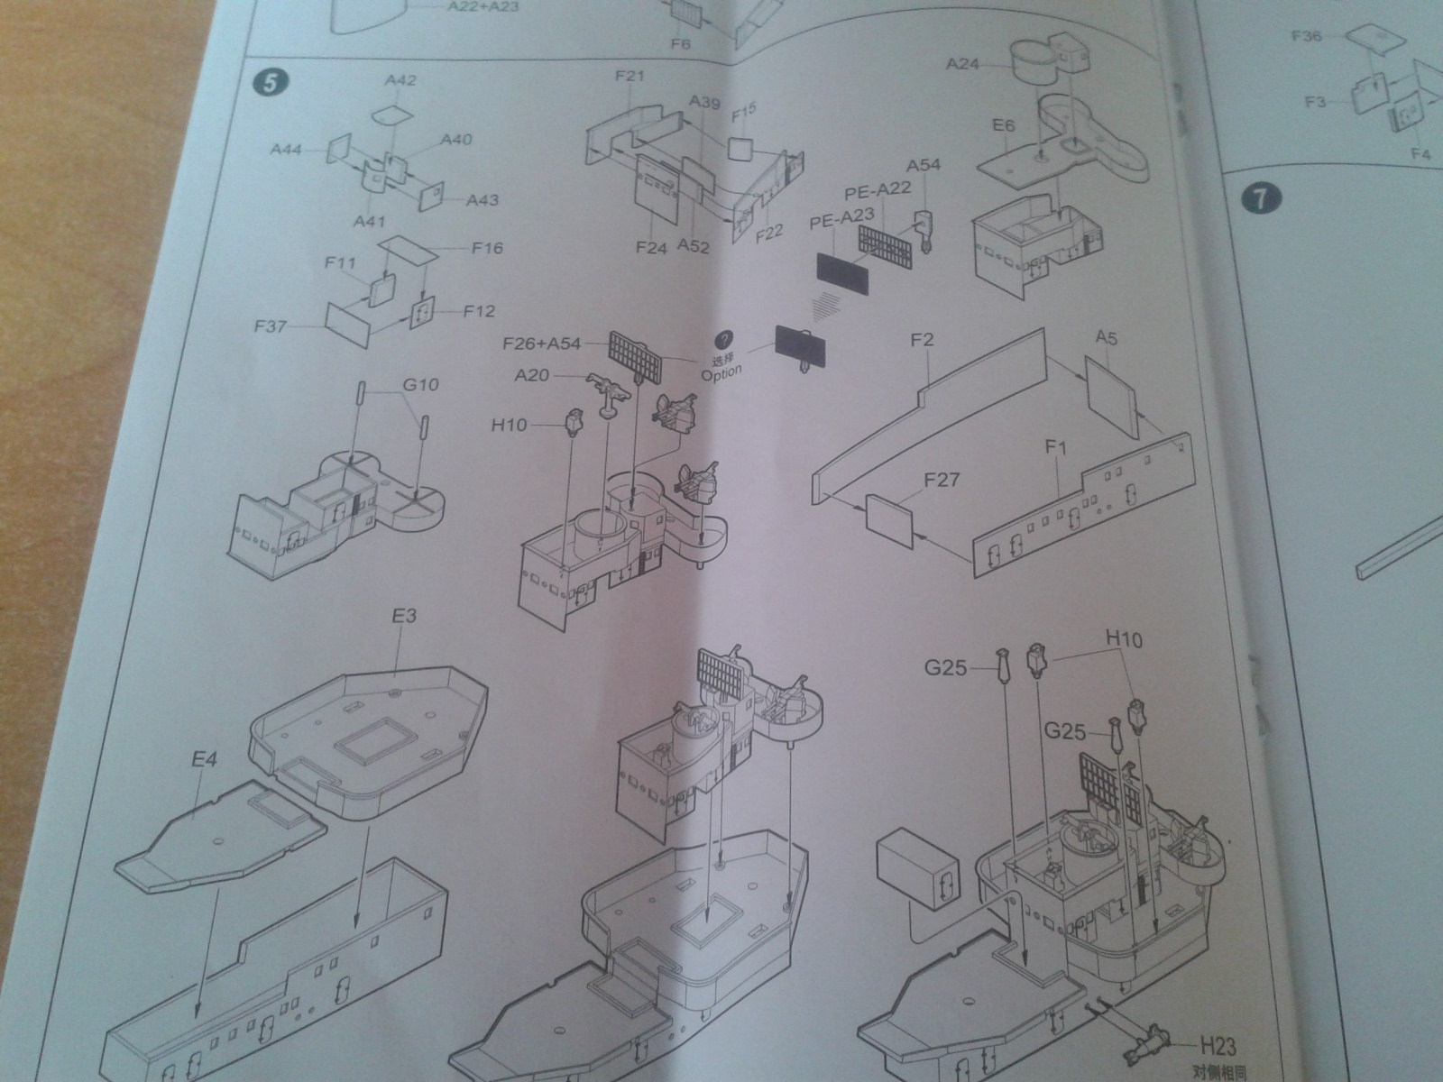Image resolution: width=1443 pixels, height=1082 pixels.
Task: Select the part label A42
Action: [400, 80]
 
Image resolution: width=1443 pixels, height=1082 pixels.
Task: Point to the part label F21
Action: [630, 77]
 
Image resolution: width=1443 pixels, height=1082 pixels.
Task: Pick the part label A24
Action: [963, 64]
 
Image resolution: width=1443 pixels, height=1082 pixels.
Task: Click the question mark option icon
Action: [721, 340]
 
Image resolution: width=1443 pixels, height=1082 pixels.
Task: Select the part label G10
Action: [420, 385]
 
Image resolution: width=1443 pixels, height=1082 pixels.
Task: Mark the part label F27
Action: [941, 480]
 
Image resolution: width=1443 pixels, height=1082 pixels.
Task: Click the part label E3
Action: [404, 617]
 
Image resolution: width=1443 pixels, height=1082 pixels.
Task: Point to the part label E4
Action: [204, 760]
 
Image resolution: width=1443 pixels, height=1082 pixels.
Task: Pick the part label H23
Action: [1218, 1046]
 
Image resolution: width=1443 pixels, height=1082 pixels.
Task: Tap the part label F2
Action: [922, 341]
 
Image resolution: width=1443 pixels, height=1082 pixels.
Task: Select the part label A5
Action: [1107, 338]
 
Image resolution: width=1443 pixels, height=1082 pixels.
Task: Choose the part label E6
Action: [1005, 126]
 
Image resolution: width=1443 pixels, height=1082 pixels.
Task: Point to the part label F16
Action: [487, 248]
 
